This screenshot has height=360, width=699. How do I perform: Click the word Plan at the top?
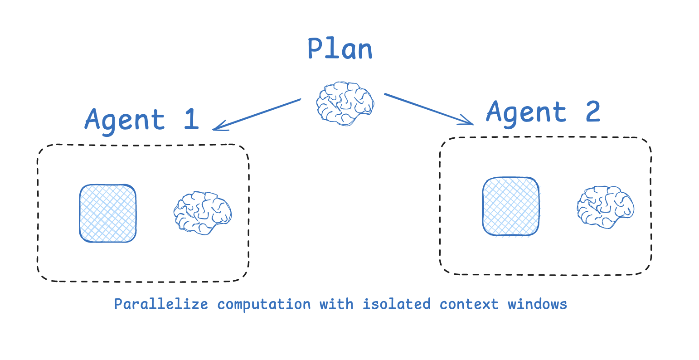click(x=340, y=49)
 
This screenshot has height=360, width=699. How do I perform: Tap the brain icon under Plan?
click(x=345, y=103)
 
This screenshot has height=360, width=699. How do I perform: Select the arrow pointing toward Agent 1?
click(x=257, y=114)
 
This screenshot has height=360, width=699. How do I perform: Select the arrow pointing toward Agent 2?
click(x=428, y=109)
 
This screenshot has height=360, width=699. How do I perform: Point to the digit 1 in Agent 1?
click(x=191, y=119)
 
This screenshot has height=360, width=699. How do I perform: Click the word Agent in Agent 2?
click(x=526, y=112)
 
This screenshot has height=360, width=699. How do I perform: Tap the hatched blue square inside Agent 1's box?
click(x=108, y=213)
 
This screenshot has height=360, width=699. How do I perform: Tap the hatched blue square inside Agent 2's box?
click(x=511, y=206)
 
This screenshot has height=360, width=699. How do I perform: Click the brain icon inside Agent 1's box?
click(x=203, y=213)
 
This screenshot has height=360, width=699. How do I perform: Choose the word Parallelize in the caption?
click(x=161, y=304)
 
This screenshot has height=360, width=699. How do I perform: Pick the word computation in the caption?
click(x=264, y=304)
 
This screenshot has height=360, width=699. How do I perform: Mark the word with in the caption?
click(x=336, y=304)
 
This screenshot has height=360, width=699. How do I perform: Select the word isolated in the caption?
click(x=396, y=304)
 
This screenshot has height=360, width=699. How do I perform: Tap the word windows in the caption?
click(x=537, y=304)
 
